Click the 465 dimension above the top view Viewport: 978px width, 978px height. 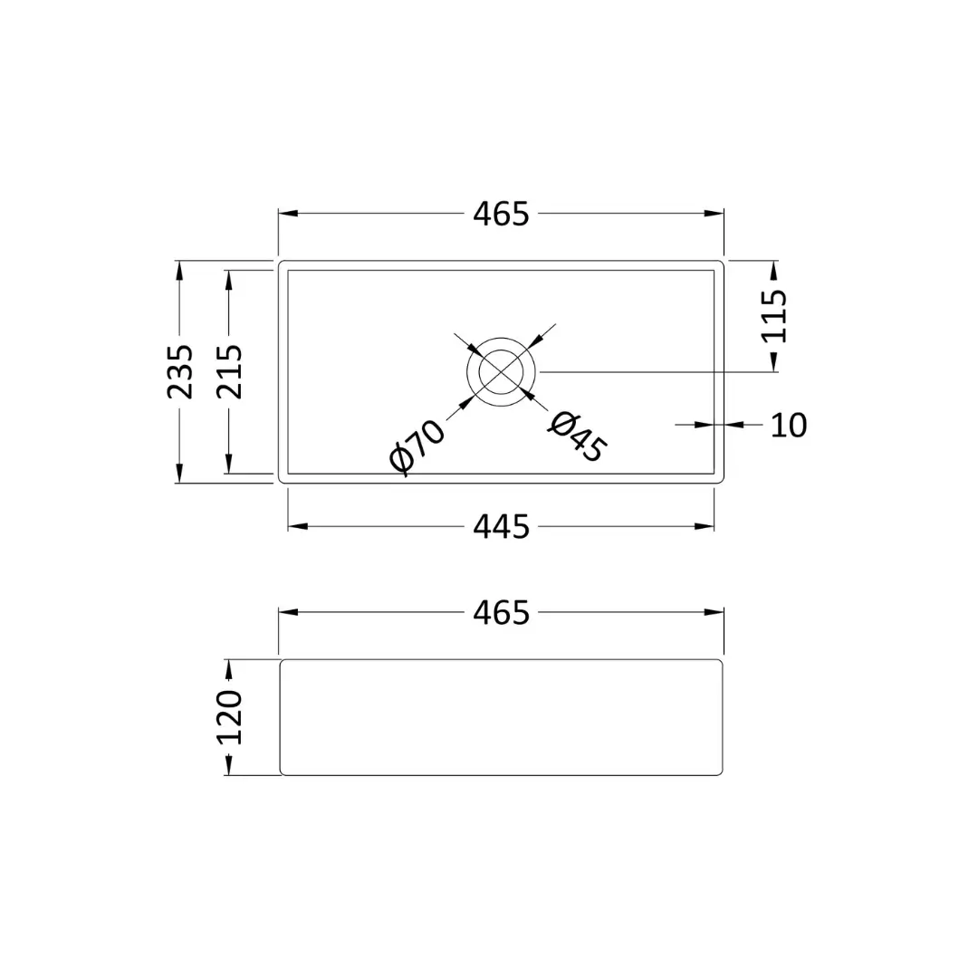tap(501, 214)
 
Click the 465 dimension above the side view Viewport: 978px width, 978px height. tap(501, 612)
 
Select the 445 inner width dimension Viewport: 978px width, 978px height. tap(501, 527)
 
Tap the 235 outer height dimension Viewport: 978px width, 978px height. tap(179, 371)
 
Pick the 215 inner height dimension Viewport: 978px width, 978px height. tap(229, 371)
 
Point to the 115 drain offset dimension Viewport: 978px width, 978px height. tap(774, 316)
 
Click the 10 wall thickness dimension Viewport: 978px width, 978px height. tap(789, 426)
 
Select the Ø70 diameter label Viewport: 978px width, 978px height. tap(417, 446)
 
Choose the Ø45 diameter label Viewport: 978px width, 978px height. tap(578, 437)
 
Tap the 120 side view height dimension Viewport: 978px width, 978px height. tap(229, 717)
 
